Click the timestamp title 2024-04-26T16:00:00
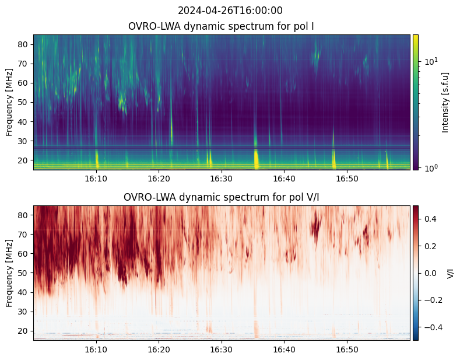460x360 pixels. click(x=230, y=11)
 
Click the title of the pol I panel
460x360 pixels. click(x=222, y=27)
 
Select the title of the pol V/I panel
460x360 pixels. click(x=222, y=197)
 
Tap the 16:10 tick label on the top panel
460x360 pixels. click(x=96, y=179)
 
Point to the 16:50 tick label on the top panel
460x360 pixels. click(x=347, y=179)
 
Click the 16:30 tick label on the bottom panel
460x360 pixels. click(x=222, y=349)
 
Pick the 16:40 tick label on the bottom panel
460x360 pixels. click(x=284, y=349)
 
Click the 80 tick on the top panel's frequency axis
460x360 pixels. click(x=24, y=44)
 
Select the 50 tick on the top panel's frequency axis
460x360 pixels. click(x=24, y=102)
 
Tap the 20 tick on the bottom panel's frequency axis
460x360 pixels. click(x=24, y=331)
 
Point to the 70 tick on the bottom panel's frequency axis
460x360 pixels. click(x=24, y=235)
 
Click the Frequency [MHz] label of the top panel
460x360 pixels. click(x=9, y=102)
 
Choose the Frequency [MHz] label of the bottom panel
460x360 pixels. click(x=9, y=273)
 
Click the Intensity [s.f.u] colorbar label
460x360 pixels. click(x=446, y=102)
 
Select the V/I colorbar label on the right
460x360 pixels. click(x=450, y=273)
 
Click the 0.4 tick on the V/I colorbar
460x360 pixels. click(x=430, y=218)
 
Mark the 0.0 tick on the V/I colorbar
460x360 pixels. click(x=430, y=272)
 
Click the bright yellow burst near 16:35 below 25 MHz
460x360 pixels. click(x=255, y=158)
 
